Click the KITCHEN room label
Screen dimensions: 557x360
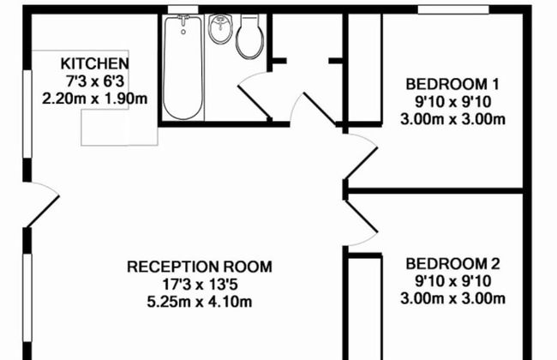click(x=94, y=64)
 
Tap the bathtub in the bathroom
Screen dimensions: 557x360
click(x=183, y=67)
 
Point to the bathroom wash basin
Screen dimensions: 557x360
click(x=220, y=28)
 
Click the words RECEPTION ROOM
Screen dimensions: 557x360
click(x=200, y=267)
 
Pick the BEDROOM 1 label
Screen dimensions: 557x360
click(x=452, y=85)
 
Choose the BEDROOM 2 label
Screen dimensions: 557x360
click(x=452, y=264)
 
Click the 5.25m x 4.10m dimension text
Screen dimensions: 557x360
click(x=200, y=302)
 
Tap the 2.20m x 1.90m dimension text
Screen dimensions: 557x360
click(x=94, y=99)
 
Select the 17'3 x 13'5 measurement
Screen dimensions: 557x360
click(x=200, y=285)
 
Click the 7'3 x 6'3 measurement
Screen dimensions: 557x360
click(x=94, y=81)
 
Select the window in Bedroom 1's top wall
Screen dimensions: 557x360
click(x=453, y=10)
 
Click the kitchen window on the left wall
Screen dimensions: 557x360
click(x=27, y=114)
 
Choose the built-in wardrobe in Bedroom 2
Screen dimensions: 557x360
click(x=364, y=309)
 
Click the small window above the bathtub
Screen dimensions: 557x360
click(x=183, y=9)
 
